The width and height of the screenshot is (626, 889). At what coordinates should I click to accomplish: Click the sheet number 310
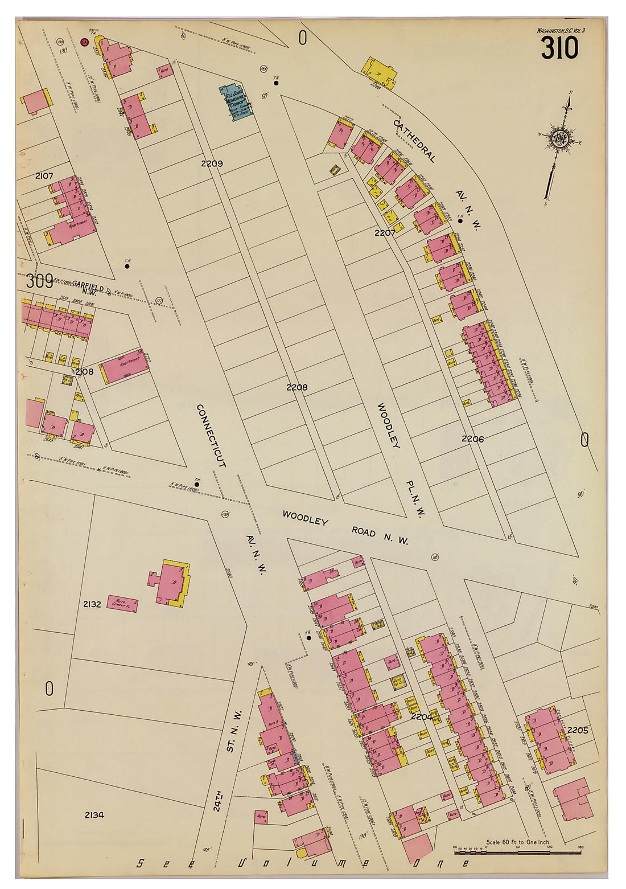[559, 48]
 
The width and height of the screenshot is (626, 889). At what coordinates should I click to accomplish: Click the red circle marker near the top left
[85, 42]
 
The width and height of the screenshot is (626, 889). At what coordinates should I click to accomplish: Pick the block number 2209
[212, 163]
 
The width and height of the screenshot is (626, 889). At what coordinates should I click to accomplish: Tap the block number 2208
[296, 387]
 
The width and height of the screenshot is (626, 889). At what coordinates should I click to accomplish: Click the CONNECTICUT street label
[211, 436]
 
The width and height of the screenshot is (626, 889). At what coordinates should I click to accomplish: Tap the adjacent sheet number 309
[39, 281]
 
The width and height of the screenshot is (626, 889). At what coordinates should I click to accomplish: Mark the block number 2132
[92, 604]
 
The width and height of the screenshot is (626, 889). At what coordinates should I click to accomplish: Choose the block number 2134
[94, 815]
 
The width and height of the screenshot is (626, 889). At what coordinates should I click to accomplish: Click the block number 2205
[578, 730]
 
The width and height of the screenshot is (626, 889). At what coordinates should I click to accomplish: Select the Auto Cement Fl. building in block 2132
[122, 603]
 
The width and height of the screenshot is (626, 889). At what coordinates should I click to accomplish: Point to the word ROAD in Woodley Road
[363, 532]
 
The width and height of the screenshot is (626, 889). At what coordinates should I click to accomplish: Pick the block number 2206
[472, 439]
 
